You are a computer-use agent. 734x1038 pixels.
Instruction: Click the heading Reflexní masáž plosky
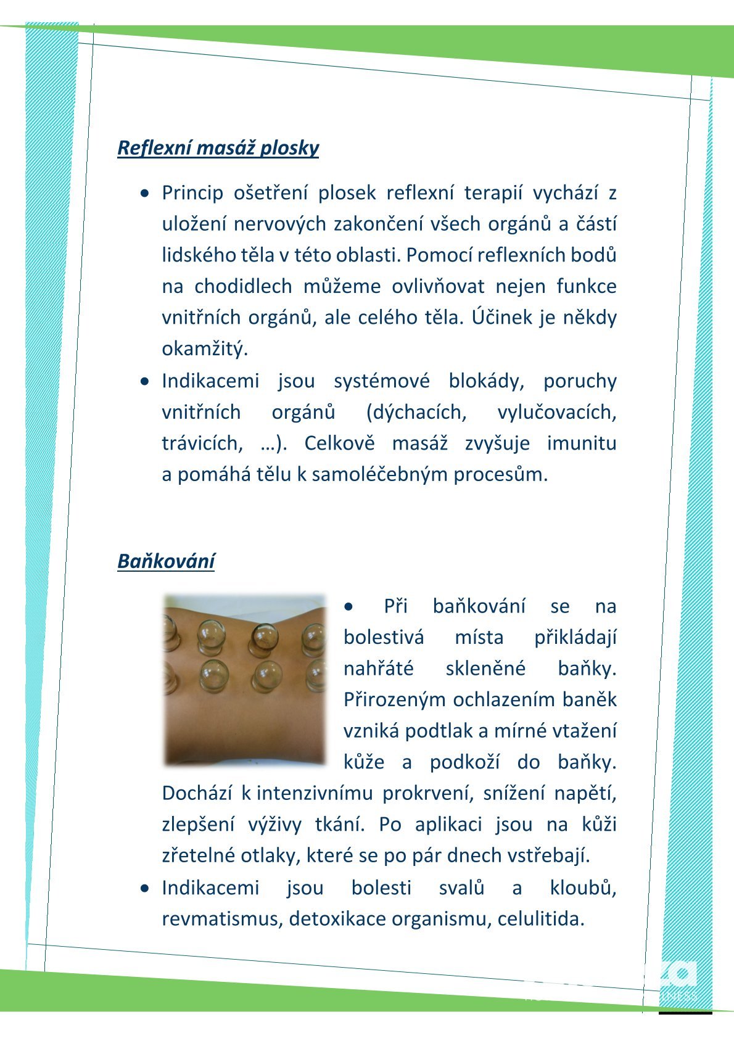point(218,148)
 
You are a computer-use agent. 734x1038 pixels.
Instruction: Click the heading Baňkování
point(166,561)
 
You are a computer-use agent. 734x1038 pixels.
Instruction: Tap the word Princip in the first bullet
point(192,193)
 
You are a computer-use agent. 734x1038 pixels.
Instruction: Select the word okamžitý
point(204,349)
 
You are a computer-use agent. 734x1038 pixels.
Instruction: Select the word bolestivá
point(384,637)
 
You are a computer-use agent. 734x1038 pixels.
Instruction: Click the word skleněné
point(485,669)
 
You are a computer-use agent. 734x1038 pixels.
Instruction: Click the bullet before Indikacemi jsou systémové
point(144,381)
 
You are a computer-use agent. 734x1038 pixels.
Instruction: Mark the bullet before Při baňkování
point(350,607)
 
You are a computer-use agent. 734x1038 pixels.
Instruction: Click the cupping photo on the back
point(244,680)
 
